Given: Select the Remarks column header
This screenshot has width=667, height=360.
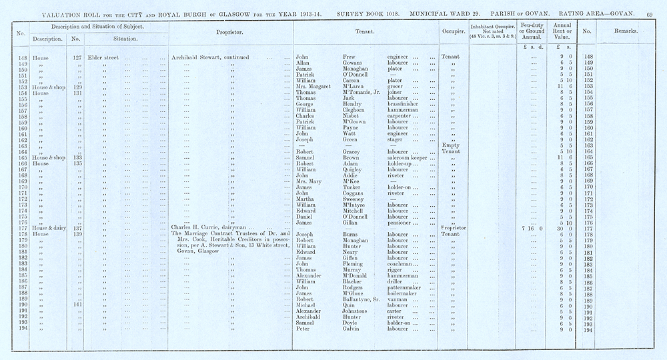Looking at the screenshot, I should click(x=626, y=31).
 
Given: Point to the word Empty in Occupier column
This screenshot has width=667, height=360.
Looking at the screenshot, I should click(x=450, y=145).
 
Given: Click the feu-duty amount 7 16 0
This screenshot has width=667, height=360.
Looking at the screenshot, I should click(x=532, y=228).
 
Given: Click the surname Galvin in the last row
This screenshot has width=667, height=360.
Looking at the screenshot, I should click(x=352, y=329).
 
